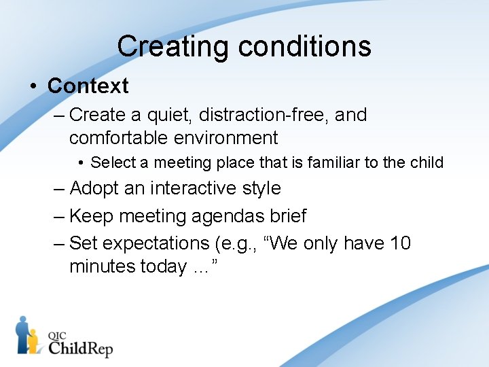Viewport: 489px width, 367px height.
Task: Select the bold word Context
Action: point(88,86)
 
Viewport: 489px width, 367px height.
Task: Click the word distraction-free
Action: point(259,115)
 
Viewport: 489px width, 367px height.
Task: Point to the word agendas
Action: point(228,216)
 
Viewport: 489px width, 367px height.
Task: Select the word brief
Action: point(288,216)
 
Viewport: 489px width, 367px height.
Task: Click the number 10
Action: point(397,243)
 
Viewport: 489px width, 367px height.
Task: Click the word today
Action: point(164,266)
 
